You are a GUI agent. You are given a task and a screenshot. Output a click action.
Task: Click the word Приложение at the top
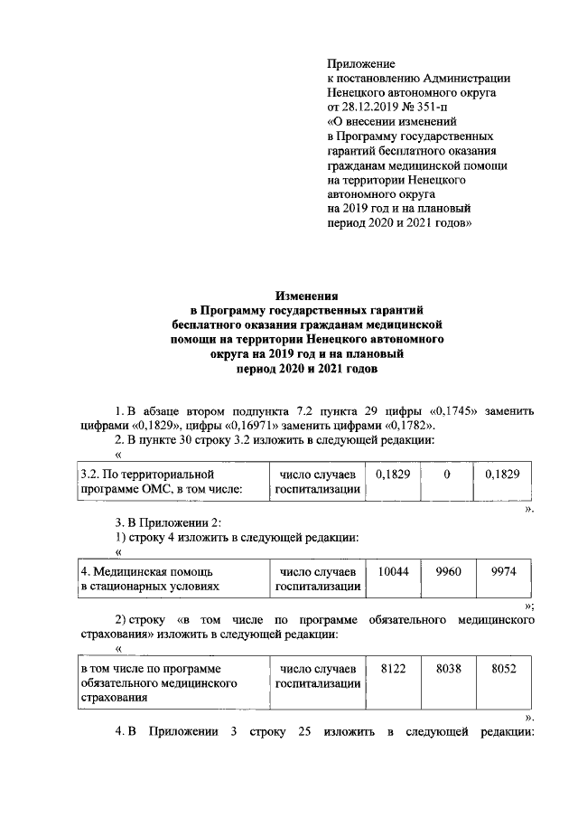pos(360,64)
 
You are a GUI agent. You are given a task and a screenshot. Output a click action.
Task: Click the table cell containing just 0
pos(447,475)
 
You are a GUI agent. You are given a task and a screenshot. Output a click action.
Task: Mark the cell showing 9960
pos(448,571)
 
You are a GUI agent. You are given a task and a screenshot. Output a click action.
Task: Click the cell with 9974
pos(503,571)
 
